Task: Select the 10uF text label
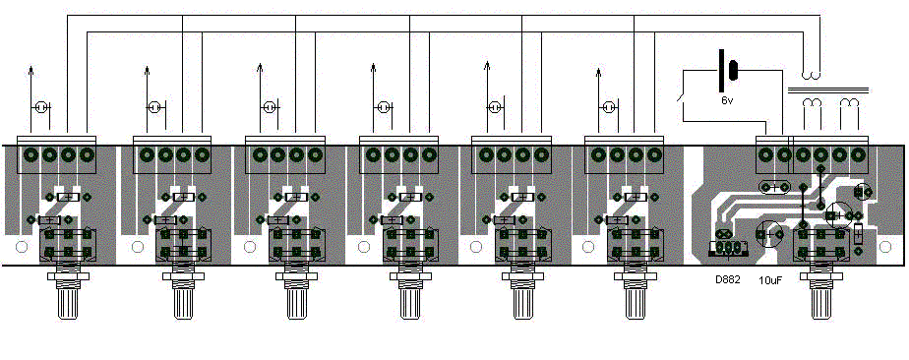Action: pos(770,280)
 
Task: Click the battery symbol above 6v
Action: pos(727,71)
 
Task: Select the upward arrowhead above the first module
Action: pos(31,71)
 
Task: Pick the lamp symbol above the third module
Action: pos(270,107)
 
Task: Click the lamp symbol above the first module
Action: pos(41,107)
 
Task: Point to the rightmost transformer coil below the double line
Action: pos(849,102)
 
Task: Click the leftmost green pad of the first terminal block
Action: pos(31,154)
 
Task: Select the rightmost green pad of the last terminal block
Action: pos(859,154)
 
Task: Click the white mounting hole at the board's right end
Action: pos(885,247)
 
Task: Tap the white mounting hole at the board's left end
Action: pos(21,247)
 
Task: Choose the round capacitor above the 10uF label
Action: pos(770,234)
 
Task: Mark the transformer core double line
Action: pos(828,90)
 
